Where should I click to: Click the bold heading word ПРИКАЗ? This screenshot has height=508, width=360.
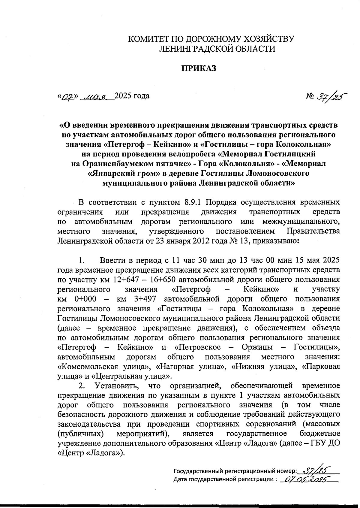198,68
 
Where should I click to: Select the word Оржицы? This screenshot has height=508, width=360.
257,347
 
